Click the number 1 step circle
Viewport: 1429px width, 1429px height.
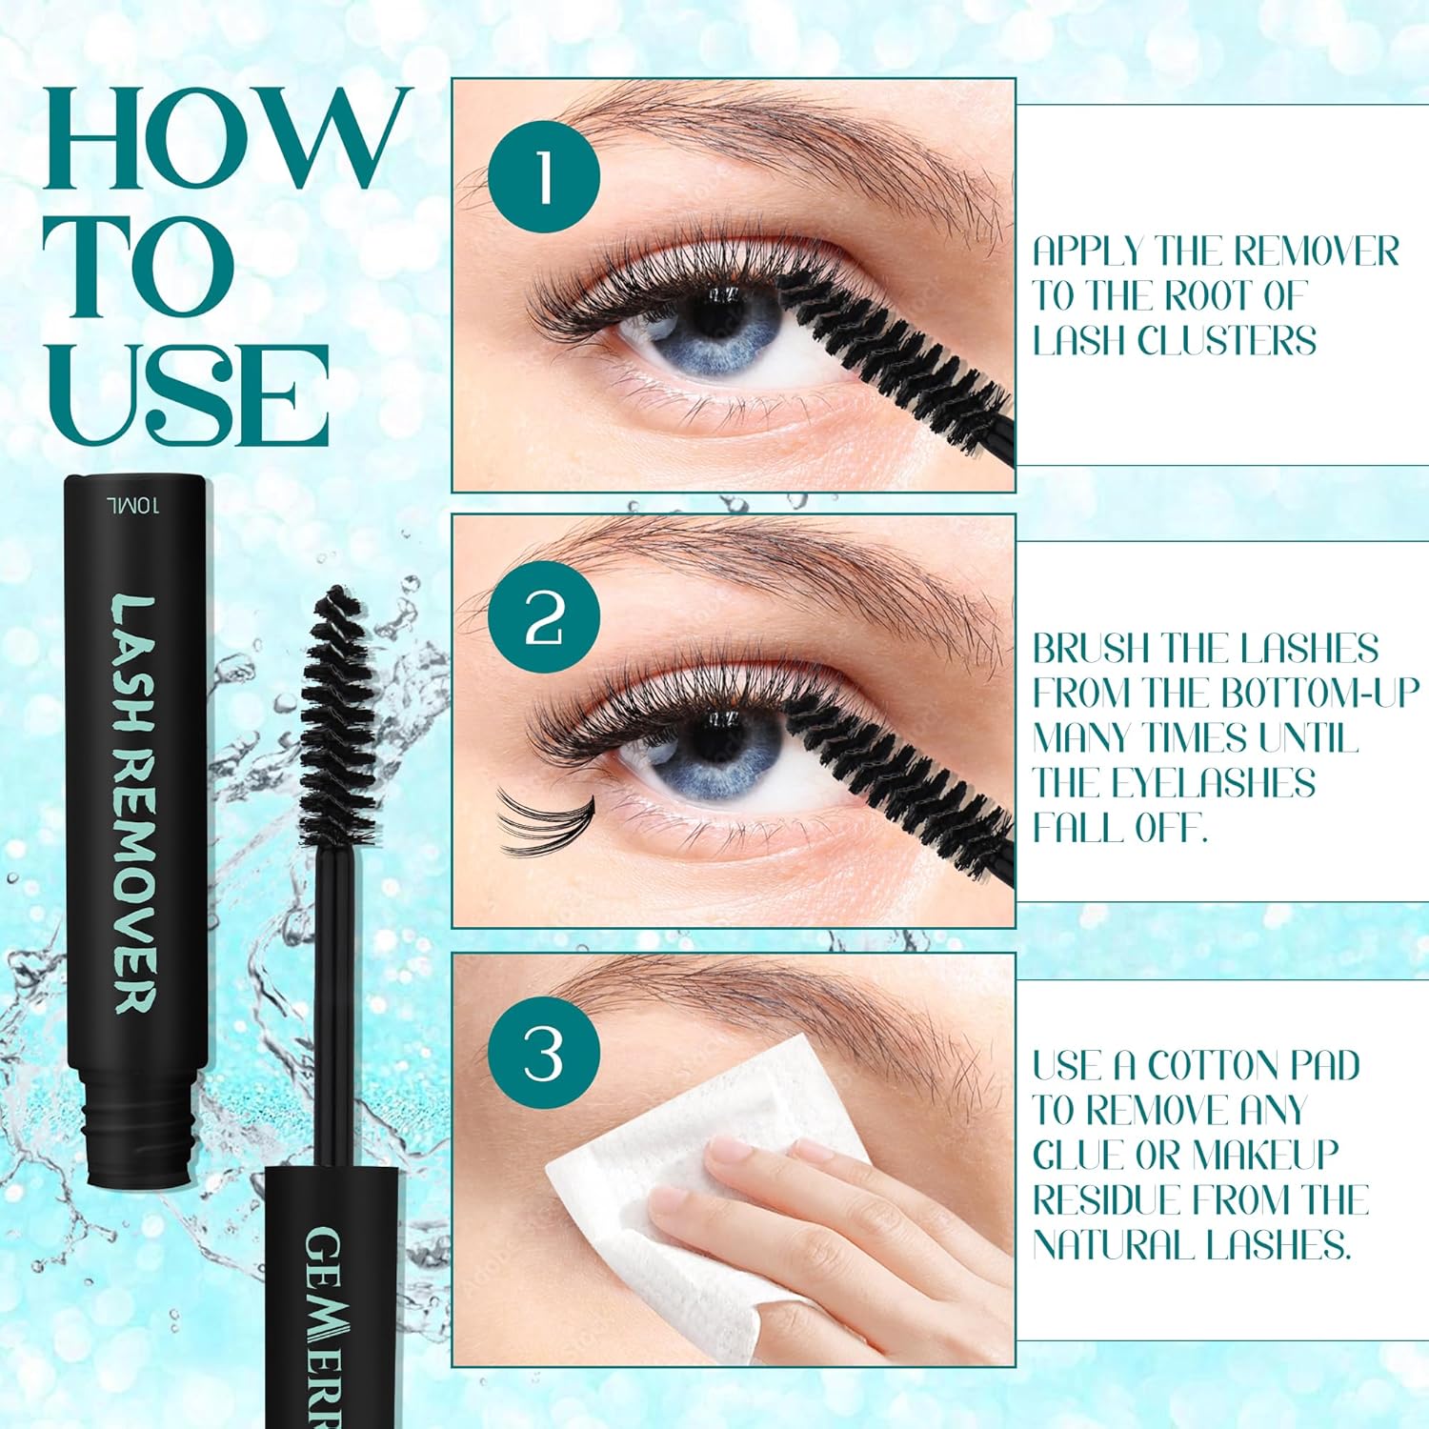click(x=544, y=177)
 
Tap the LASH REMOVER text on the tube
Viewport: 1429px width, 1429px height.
click(x=137, y=803)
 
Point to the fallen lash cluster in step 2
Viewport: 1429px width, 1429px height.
click(x=544, y=819)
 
